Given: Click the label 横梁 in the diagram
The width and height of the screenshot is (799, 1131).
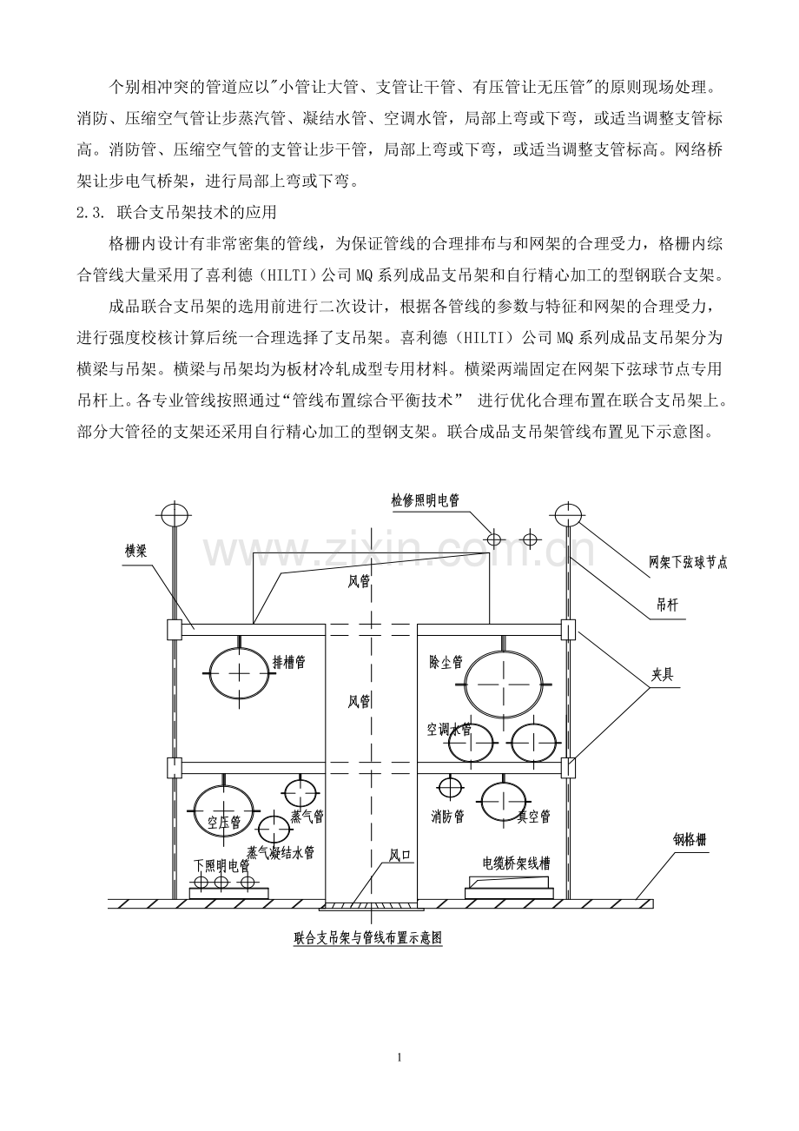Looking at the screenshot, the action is [x=135, y=551].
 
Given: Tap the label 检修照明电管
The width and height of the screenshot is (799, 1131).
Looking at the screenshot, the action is [x=425, y=500].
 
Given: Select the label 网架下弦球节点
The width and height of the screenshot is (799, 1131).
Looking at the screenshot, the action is [x=688, y=563].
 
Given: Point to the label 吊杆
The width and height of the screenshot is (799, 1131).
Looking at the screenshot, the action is [x=668, y=605].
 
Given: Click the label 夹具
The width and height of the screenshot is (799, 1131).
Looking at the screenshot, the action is [x=662, y=675].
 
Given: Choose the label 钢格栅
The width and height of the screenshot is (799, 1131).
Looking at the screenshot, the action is [x=690, y=840].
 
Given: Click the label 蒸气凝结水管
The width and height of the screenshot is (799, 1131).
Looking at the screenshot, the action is [x=281, y=853].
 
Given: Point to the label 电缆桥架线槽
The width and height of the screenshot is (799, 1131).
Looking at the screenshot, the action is [x=517, y=864].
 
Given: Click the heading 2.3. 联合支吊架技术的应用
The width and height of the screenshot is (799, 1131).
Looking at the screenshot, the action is [x=176, y=213].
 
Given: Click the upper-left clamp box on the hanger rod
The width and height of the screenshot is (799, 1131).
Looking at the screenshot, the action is [x=175, y=630].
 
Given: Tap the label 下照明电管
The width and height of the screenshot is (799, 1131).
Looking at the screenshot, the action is [x=222, y=866].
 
